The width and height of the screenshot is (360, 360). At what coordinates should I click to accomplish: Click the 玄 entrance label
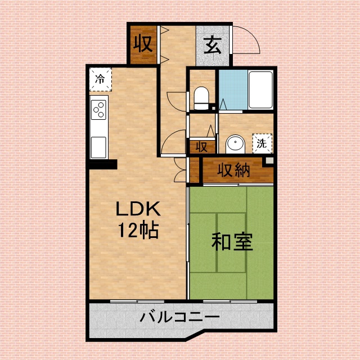213,44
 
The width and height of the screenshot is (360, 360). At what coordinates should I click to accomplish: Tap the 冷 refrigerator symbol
100,79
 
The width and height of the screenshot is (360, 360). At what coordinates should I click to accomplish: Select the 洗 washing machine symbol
262,143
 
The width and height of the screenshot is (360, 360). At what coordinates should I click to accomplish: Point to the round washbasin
235,145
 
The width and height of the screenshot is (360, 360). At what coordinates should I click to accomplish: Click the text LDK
138,209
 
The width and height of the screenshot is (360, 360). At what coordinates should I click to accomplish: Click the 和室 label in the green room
232,242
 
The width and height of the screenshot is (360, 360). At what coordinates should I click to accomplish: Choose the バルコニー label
180,318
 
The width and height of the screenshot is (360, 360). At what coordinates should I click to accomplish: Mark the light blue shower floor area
232,90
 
